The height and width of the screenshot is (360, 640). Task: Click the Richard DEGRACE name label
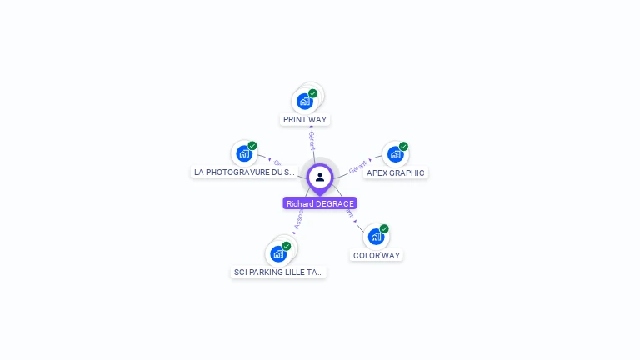click(x=320, y=203)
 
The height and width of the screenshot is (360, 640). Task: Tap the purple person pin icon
click(x=320, y=177)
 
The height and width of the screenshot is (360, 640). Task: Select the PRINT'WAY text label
click(x=305, y=120)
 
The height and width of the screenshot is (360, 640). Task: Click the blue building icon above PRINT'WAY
click(x=305, y=102)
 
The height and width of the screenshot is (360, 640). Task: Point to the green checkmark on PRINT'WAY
click(x=313, y=93)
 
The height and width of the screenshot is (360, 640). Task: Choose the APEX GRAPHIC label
click(x=396, y=173)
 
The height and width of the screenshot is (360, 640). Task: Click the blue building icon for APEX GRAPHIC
click(x=395, y=154)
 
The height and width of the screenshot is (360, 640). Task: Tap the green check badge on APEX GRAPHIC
click(x=403, y=147)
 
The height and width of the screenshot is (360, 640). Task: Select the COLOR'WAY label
click(x=377, y=256)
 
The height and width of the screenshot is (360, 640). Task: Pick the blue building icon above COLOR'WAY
click(x=376, y=237)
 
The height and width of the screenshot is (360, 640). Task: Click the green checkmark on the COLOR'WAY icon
click(x=384, y=228)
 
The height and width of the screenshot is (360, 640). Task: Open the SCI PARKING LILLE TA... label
click(x=278, y=272)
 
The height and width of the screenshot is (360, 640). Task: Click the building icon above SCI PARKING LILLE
click(x=278, y=253)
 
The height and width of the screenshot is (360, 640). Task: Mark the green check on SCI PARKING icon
click(x=287, y=246)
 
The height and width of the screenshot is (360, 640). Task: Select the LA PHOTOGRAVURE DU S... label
click(x=245, y=172)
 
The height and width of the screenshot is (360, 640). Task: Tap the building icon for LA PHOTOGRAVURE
click(x=243, y=153)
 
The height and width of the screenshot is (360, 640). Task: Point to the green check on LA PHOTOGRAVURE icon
click(x=252, y=146)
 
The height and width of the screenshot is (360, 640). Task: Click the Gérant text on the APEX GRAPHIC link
click(x=357, y=167)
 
